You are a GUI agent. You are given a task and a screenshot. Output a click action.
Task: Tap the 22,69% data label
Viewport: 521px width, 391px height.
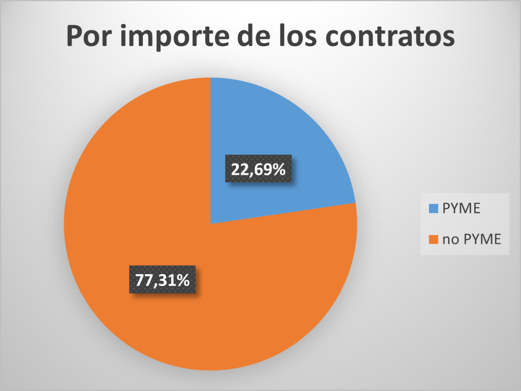[258, 169]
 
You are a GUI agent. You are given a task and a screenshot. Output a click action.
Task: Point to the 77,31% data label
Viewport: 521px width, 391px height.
[162, 280]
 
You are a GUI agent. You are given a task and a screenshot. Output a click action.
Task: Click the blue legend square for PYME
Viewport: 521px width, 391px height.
[433, 208]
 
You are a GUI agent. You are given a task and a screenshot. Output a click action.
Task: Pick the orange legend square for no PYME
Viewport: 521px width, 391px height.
[433, 239]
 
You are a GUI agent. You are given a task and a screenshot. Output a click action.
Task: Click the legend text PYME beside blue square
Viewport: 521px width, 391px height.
[461, 208]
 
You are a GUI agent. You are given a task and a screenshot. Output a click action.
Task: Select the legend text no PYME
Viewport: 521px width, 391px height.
[472, 239]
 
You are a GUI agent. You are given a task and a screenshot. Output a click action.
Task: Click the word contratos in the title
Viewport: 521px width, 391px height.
[390, 37]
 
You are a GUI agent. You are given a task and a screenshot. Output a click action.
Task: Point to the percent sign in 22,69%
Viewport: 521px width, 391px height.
[279, 169]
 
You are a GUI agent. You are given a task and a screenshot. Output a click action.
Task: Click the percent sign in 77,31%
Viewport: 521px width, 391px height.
[183, 280]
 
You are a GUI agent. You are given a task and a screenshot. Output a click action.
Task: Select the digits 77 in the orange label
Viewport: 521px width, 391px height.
[144, 280]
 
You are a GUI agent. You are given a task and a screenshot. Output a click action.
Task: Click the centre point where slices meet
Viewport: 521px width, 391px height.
[211, 223]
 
